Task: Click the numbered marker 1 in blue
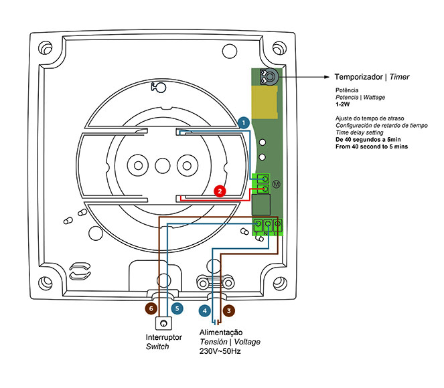tap(244, 123)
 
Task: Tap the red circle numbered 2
tap(220, 191)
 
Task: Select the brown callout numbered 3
tap(229, 311)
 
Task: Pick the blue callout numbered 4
tap(205, 311)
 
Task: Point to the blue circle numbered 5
tap(177, 308)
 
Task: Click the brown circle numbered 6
tap(151, 308)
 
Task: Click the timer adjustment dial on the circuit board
tap(270, 77)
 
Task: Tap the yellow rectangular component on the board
tap(265, 102)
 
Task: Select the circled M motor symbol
tap(277, 185)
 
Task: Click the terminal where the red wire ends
tap(265, 189)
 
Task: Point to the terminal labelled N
tap(268, 225)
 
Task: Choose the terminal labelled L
tap(277, 225)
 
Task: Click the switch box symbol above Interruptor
tap(163, 323)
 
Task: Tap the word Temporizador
tap(358, 77)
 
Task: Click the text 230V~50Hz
tap(220, 351)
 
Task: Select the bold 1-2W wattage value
tap(343, 104)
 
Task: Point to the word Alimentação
tap(221, 332)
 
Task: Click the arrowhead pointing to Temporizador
tap(327, 77)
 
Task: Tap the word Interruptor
tap(163, 337)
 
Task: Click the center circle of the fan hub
tap(163, 166)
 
